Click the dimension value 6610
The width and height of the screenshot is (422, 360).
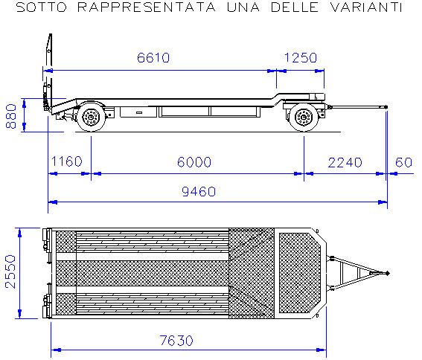coord(153,58)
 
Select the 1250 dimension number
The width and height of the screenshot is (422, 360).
coord(301,58)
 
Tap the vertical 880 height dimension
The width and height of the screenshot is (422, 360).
coord(11,116)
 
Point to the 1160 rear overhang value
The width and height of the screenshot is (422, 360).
coord(66,161)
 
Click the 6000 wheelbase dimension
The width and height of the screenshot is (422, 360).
coord(194,162)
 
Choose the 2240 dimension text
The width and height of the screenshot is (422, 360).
coord(345,162)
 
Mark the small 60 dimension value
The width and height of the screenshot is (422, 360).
coord(403,162)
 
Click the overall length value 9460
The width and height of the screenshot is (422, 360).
coord(199,192)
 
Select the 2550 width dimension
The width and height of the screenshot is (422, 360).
coord(10,271)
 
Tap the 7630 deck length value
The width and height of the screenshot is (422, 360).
coord(176,341)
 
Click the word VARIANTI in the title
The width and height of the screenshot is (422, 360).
coord(366,7)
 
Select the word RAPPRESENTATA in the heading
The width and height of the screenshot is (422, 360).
coord(147,7)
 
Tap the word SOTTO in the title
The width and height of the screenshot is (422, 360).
coord(42,7)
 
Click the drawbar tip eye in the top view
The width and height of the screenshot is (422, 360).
coord(387,274)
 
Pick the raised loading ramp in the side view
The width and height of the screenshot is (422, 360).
coord(48,73)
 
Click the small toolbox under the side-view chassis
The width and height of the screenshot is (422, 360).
coord(138,112)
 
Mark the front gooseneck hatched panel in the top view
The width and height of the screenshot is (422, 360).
coord(300,273)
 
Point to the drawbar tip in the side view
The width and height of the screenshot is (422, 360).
coord(386,107)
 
